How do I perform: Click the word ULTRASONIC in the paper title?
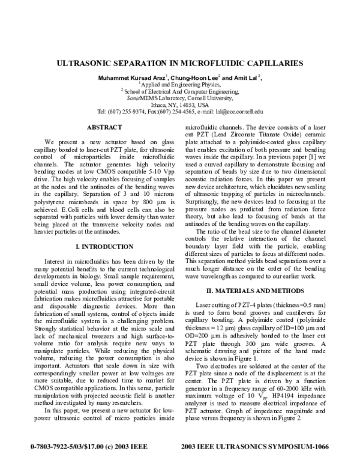[x=91, y=62]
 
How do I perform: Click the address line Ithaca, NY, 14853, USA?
[x=179, y=104]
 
